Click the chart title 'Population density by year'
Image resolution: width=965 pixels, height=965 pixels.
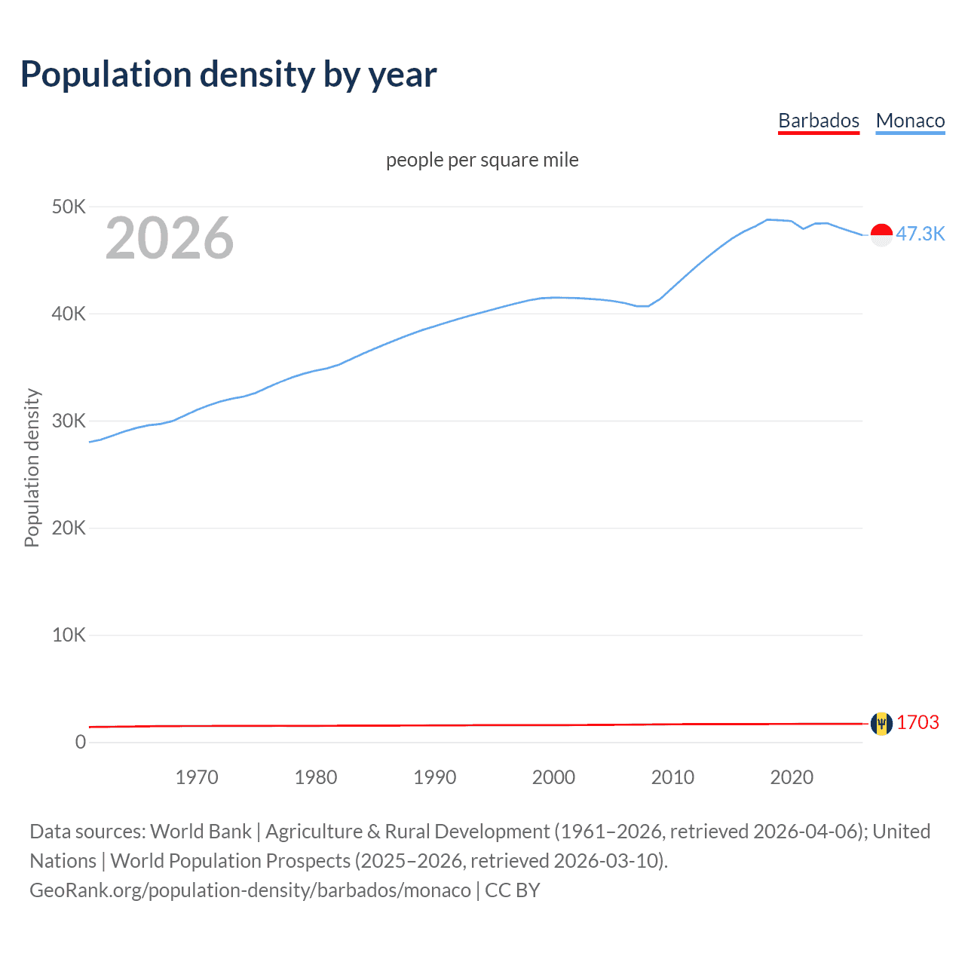pyautogui.click(x=228, y=75)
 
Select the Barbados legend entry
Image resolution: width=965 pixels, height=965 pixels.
pyautogui.click(x=818, y=121)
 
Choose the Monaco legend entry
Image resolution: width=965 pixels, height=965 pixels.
pyautogui.click(x=910, y=121)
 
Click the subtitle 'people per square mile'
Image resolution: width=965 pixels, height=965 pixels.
pyautogui.click(x=482, y=160)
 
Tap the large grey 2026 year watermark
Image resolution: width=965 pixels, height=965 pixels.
pyautogui.click(x=170, y=238)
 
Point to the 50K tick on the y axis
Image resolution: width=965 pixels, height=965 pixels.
pyautogui.click(x=69, y=207)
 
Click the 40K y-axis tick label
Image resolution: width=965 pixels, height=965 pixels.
pyautogui.click(x=69, y=314)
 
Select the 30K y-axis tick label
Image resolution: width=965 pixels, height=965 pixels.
pyautogui.click(x=69, y=421)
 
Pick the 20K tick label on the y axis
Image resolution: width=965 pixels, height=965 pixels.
pyautogui.click(x=69, y=528)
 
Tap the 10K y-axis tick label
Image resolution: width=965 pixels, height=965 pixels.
pyautogui.click(x=69, y=635)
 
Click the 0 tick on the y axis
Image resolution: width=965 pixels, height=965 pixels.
pyautogui.click(x=80, y=742)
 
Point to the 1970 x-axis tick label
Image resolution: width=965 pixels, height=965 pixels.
pyautogui.click(x=197, y=777)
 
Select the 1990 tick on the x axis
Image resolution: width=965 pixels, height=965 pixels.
pyautogui.click(x=435, y=777)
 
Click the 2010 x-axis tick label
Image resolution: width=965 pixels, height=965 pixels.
pyautogui.click(x=672, y=777)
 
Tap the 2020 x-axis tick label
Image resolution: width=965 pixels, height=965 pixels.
pyautogui.click(x=792, y=777)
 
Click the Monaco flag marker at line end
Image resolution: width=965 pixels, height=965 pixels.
pyautogui.click(x=881, y=235)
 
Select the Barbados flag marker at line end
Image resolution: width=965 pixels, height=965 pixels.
pyautogui.click(x=881, y=724)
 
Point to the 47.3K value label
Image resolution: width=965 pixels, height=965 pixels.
pyautogui.click(x=920, y=234)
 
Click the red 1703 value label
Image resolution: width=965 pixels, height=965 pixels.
pyautogui.click(x=918, y=722)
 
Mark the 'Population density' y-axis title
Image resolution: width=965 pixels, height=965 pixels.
pyautogui.click(x=32, y=467)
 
